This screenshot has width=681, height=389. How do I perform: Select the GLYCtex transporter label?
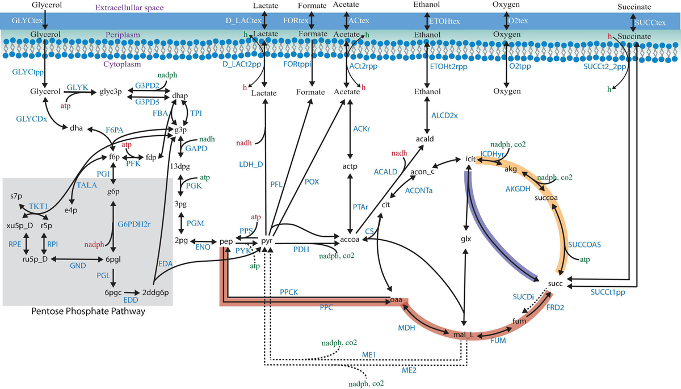pos(20,20)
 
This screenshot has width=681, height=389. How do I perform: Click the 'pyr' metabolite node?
pos(267,241)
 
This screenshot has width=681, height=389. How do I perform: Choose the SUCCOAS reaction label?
pos(584,244)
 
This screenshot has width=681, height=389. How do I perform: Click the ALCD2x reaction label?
pos(444,115)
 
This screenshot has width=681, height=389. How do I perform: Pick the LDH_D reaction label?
pos(250,165)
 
